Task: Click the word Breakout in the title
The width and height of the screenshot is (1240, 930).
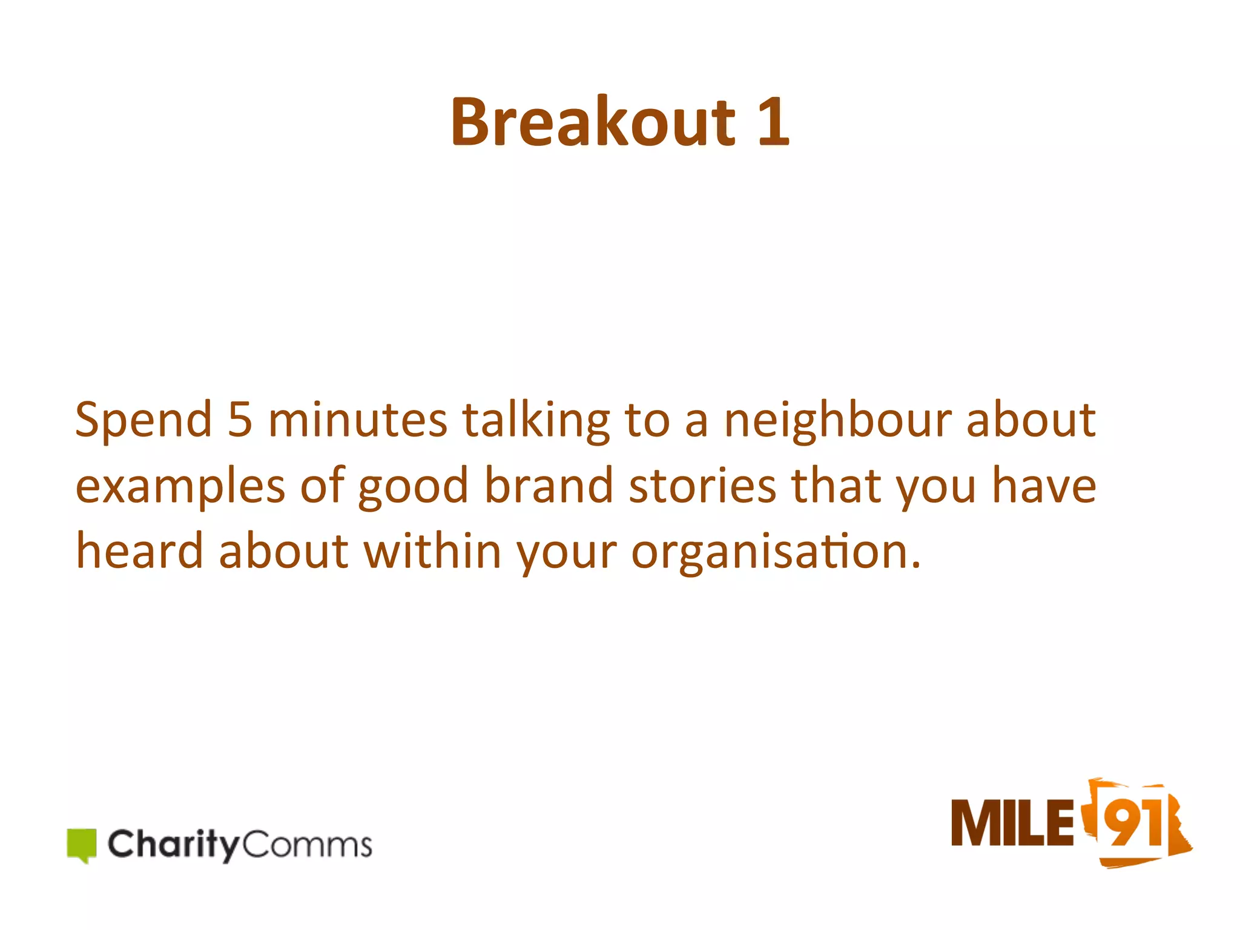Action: [593, 122]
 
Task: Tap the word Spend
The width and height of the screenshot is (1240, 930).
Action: [143, 420]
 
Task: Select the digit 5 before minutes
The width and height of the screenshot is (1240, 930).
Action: [240, 420]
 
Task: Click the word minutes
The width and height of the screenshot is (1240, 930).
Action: [357, 420]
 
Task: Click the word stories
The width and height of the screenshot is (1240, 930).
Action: [702, 486]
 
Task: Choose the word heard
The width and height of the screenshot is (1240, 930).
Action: [139, 551]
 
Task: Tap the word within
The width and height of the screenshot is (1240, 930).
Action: [432, 551]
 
